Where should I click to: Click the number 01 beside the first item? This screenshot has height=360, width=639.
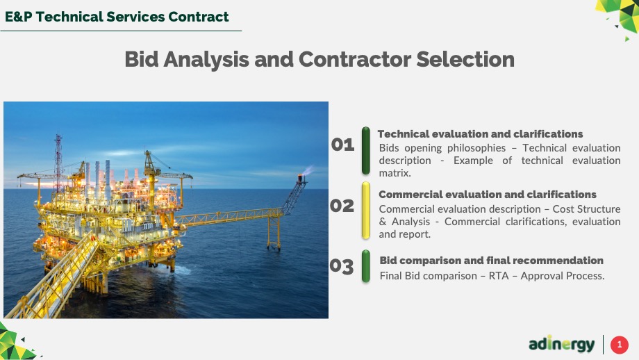[x=342, y=145]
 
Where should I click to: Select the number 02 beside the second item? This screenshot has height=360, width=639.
[x=342, y=206]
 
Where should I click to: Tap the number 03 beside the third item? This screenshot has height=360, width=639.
[x=342, y=266]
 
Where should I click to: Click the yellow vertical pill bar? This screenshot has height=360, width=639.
[x=366, y=211]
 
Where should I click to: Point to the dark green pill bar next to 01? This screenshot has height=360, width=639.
[x=366, y=151]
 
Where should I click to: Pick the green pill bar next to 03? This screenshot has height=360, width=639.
[x=366, y=266]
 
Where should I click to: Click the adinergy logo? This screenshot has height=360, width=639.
[x=562, y=344]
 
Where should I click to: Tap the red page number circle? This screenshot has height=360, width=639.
[x=620, y=345]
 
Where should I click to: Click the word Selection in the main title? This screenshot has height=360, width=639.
[x=465, y=59]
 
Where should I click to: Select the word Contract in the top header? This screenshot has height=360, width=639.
[x=199, y=17]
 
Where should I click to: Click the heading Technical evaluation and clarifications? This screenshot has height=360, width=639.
[x=480, y=134]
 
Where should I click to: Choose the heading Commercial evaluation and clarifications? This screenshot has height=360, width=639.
[x=488, y=195]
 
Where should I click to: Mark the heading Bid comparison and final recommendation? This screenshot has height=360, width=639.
[x=492, y=261]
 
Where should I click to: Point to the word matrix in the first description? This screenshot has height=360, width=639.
[x=395, y=173]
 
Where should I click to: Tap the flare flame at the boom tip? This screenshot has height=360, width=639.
[x=307, y=170]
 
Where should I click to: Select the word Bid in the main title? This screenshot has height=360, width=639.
[x=142, y=59]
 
